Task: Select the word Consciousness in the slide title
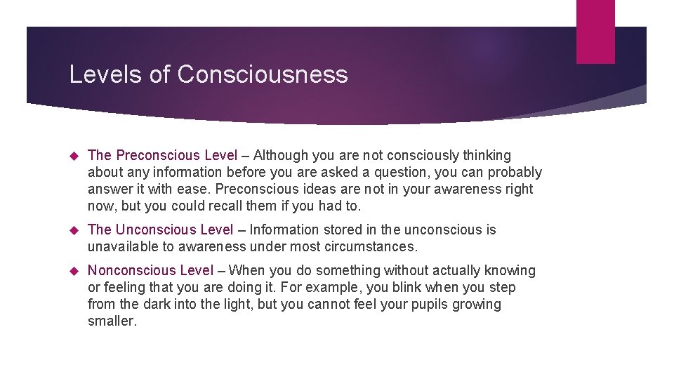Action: click(x=263, y=74)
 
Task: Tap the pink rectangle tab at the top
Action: click(x=595, y=32)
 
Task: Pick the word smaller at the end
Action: click(x=111, y=321)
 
